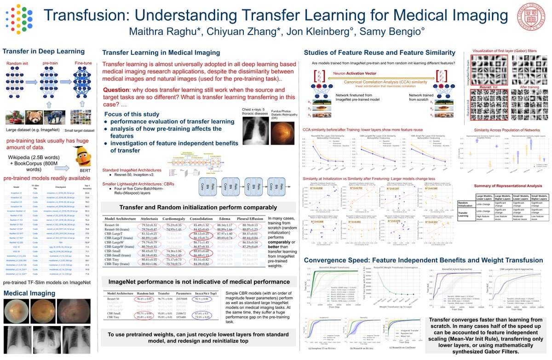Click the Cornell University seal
[x=535, y=18]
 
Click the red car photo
[x=14, y=119]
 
